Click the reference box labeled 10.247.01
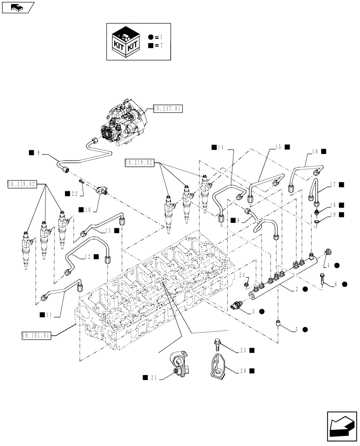[x=168, y=108]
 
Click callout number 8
[x=38, y=153]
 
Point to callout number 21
[x=152, y=377]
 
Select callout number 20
[x=245, y=370]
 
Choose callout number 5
[x=296, y=330]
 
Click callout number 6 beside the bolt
[x=336, y=284]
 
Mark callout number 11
[x=49, y=315]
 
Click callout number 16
[x=315, y=152]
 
